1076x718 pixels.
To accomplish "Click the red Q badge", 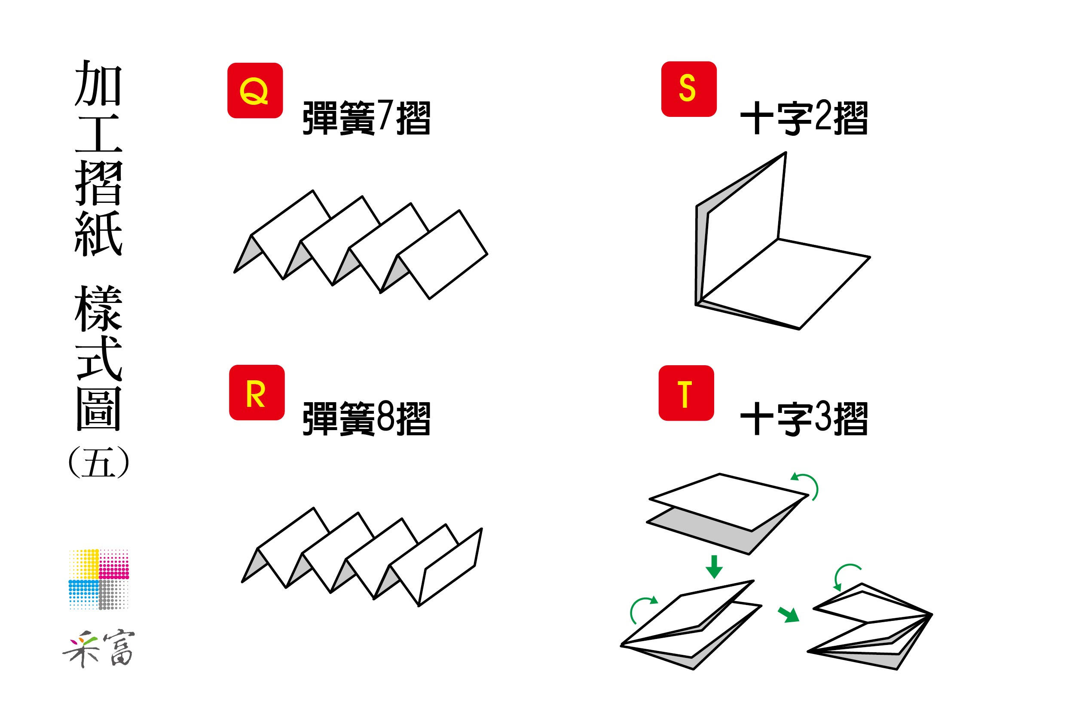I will (255, 91).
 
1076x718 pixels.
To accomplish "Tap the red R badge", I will (257, 392).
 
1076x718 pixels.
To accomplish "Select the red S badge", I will (689, 89).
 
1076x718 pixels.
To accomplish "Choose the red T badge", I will (686, 393).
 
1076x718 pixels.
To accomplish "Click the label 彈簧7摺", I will (366, 118).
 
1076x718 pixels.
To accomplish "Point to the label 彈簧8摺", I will (366, 419).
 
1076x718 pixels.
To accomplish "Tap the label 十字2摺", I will (804, 118).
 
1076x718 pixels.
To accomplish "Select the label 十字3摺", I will (804, 419).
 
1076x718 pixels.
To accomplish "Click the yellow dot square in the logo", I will (84, 564).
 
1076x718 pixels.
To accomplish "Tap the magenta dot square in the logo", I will (114, 564).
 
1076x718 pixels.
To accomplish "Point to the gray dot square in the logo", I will (113, 594).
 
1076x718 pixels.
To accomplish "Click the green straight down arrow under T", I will (714, 566).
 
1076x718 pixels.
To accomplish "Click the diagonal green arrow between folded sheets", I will (789, 614).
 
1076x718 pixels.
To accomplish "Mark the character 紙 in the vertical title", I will (98, 234).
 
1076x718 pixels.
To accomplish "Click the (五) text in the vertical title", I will (98, 462).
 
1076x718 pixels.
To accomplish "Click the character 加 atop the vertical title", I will (98, 83).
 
